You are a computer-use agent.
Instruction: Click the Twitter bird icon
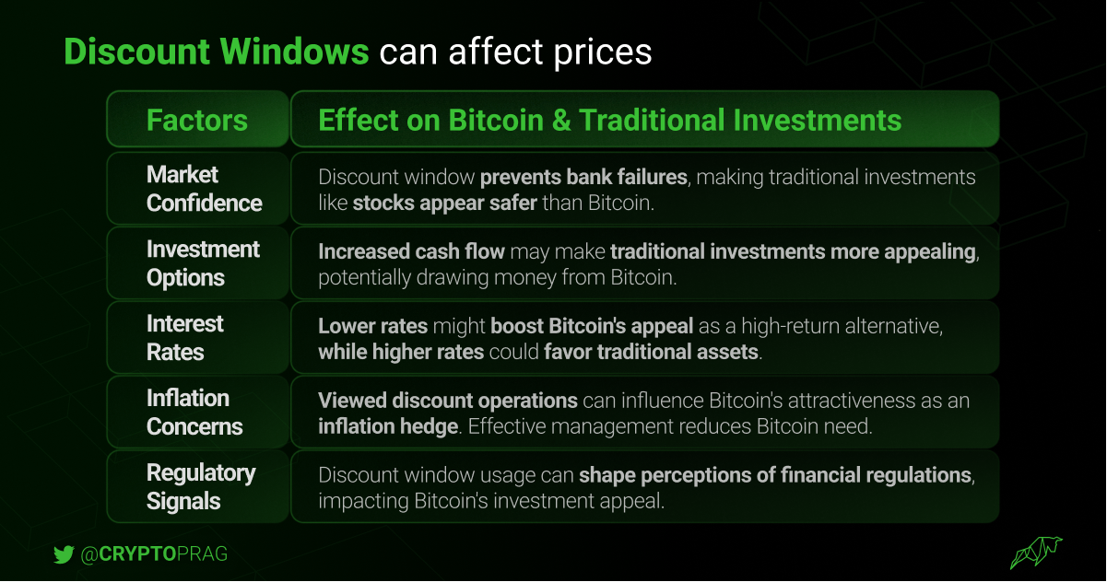tap(64, 554)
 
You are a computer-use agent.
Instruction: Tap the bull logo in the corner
tap(1036, 553)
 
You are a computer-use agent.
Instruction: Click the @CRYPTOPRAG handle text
tap(154, 553)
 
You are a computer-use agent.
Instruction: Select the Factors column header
tap(196, 121)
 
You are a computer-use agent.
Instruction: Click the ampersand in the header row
tap(561, 121)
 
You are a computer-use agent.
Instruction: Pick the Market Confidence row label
tap(204, 189)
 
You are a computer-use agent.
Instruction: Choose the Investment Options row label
tap(203, 263)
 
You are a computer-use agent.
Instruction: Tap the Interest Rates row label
tap(185, 338)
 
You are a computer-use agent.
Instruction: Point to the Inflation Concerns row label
tap(194, 413)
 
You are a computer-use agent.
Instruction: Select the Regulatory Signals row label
tap(201, 487)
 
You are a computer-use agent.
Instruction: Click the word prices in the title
tap(603, 52)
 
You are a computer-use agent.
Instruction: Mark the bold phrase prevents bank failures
tap(583, 177)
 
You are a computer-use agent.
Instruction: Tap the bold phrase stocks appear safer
tap(445, 203)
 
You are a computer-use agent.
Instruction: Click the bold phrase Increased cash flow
tap(411, 251)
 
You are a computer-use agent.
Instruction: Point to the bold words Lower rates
tap(372, 326)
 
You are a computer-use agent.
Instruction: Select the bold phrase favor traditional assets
tap(651, 352)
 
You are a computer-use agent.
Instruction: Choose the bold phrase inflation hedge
tap(388, 426)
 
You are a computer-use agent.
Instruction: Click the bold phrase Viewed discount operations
tap(448, 401)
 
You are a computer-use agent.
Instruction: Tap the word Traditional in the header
tap(651, 121)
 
